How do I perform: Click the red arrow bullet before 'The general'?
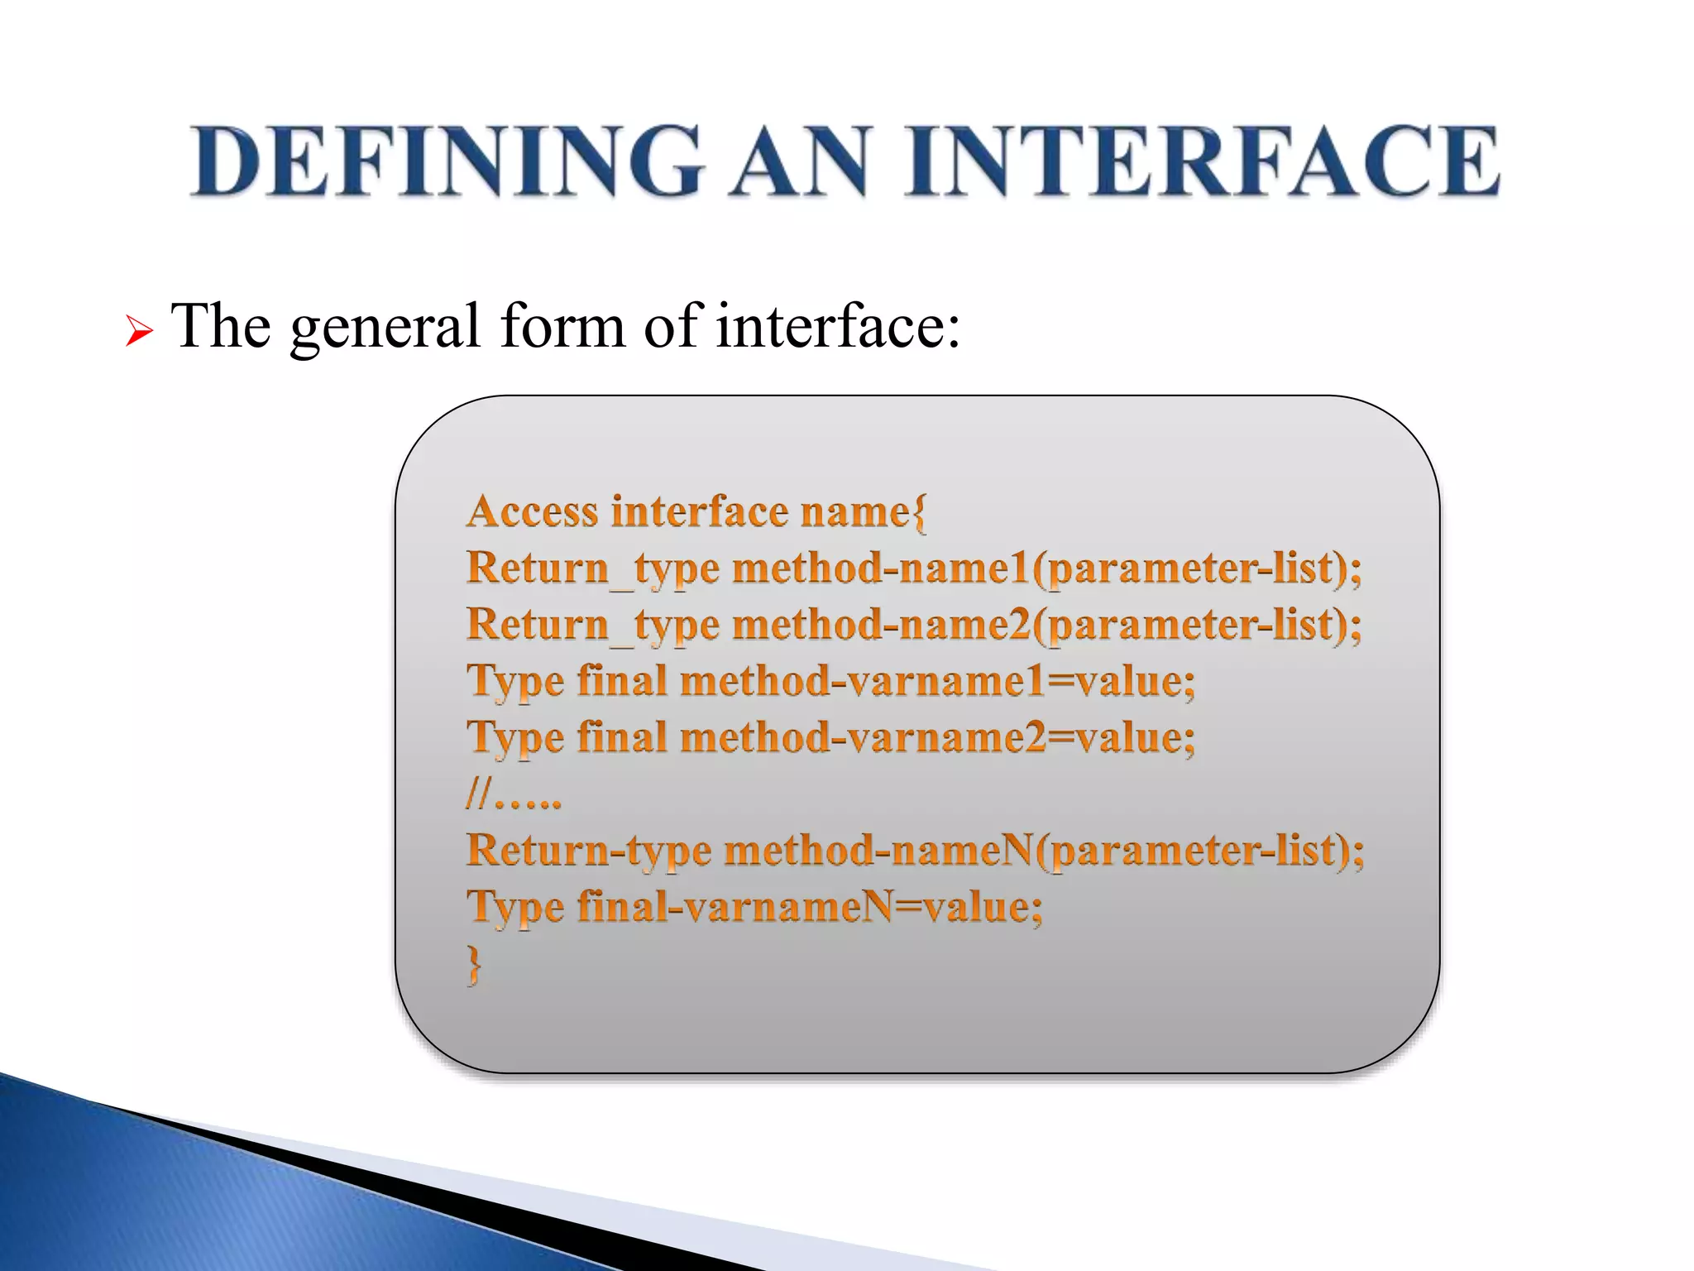(x=139, y=332)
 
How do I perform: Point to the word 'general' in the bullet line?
(x=385, y=327)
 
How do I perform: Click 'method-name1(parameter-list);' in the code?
(x=1046, y=568)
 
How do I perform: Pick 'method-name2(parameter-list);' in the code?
(x=1046, y=625)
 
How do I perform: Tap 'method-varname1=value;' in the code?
(x=937, y=681)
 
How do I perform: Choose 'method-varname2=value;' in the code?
(x=937, y=737)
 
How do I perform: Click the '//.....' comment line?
(x=514, y=796)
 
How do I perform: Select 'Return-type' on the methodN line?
(x=588, y=851)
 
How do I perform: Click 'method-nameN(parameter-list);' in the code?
(x=1044, y=851)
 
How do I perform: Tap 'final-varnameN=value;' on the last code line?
(x=810, y=907)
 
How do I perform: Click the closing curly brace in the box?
(x=474, y=964)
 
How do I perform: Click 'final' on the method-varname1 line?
(x=622, y=681)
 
